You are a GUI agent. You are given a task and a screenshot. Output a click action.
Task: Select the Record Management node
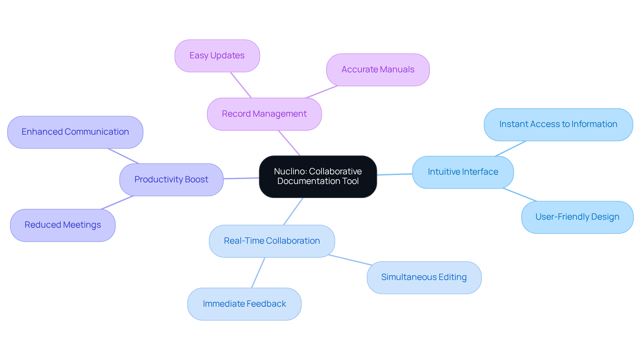(264, 114)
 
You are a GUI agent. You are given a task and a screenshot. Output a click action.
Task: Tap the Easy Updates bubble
(217, 56)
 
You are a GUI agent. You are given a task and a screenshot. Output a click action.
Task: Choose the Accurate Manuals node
(378, 70)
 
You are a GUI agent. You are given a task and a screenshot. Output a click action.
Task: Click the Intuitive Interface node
(463, 172)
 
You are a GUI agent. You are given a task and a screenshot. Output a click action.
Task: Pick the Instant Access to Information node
(558, 124)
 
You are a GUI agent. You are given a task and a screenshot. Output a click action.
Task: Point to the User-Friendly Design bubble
(577, 217)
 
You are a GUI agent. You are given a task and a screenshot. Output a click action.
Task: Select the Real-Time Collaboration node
(272, 241)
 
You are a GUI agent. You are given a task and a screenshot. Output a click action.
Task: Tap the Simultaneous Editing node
(424, 277)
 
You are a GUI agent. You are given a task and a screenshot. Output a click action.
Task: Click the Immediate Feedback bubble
(244, 304)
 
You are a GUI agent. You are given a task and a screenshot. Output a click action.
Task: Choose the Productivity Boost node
(171, 180)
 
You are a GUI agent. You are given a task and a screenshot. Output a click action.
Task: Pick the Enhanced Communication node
(75, 132)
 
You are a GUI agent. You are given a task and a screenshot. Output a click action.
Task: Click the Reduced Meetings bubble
(63, 225)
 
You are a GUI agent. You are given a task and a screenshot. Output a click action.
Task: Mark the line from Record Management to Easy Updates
(241, 85)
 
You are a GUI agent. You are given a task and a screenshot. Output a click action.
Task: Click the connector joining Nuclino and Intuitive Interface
(395, 174)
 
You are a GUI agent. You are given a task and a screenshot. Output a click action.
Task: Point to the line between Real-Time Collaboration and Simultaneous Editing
(350, 260)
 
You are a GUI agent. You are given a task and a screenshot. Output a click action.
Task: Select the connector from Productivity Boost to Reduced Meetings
(117, 203)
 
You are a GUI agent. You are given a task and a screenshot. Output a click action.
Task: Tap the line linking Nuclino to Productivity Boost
(241, 178)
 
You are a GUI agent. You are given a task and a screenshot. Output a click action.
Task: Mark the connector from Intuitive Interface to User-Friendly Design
(519, 195)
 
